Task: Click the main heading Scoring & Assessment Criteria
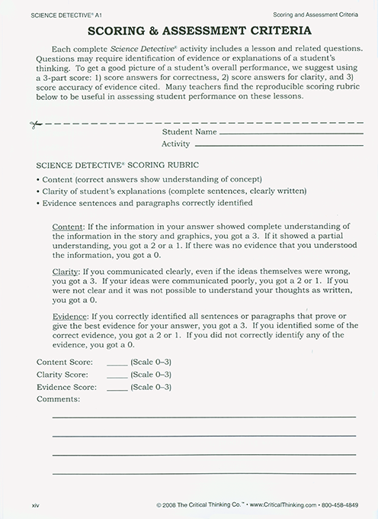pos(188,32)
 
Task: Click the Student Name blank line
pos(286,134)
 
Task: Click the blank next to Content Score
pos(117,363)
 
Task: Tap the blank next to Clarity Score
pos(117,376)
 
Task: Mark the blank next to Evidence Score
pos(117,388)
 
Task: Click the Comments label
pos(58,399)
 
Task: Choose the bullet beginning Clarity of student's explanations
pos(171,191)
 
